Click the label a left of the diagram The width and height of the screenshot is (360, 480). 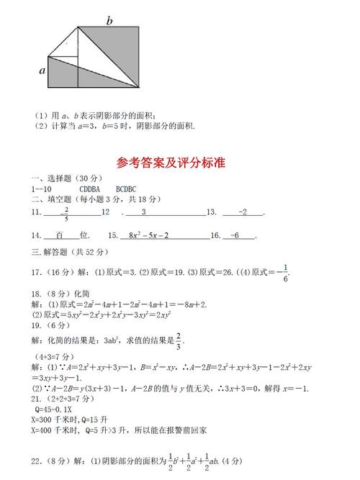click(42, 71)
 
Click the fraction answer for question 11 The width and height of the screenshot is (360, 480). click(66, 213)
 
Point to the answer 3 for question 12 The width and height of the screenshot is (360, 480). click(143, 212)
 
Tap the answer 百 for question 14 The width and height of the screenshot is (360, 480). click(61, 235)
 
